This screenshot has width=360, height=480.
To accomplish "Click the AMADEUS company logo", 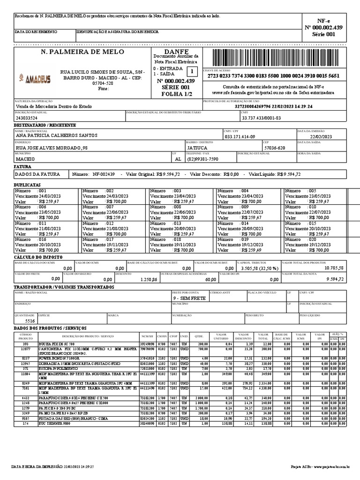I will [x=35, y=79].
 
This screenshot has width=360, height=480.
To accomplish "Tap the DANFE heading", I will [x=176, y=51].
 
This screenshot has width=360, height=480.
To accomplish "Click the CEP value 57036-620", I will [x=274, y=148].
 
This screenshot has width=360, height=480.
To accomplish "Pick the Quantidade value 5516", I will [x=30, y=321].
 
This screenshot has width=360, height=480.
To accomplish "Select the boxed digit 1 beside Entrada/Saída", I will [x=191, y=71].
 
